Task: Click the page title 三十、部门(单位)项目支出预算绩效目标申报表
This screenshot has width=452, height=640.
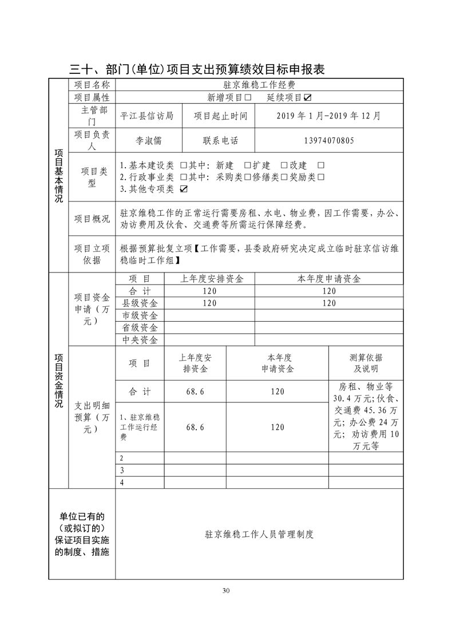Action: point(197,69)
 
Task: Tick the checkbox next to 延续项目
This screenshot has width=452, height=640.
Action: point(308,97)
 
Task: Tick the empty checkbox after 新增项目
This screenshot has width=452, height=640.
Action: point(248,97)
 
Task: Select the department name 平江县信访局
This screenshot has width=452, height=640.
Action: point(147,116)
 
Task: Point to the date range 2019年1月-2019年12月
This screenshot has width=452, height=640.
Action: point(328,116)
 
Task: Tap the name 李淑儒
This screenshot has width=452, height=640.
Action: point(148,140)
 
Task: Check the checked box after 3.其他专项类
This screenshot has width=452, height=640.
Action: point(184,188)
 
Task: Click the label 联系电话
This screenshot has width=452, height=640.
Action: point(220,140)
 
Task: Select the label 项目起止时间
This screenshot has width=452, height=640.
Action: point(220,116)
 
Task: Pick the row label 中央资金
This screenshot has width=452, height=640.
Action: point(140,340)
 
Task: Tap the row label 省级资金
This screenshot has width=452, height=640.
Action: point(140,327)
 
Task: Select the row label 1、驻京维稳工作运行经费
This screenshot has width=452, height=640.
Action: point(140,427)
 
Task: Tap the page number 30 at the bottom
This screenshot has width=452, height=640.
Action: point(226,590)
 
